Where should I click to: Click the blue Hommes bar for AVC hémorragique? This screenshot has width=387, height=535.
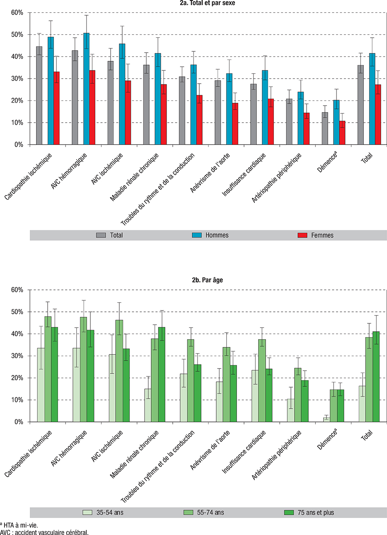pos(86,89)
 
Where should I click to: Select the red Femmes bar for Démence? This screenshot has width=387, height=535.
pos(342,133)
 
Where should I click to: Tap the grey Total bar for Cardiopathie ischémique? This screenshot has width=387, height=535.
pos(39,96)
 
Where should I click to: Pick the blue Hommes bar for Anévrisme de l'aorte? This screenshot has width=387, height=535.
pos(229,109)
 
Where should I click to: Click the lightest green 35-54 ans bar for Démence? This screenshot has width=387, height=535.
pos(327,419)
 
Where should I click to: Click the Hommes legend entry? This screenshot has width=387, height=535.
pos(210,235)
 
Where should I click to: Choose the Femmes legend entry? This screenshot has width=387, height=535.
pos(316,235)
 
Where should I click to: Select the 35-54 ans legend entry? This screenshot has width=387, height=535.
pos(103,513)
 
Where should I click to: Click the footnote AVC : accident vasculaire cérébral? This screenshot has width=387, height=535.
pos(44,532)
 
